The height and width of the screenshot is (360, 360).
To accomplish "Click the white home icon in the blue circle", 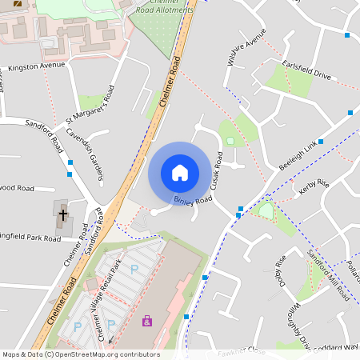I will click(x=180, y=172).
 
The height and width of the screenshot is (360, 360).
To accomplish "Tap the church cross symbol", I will click(x=62, y=214).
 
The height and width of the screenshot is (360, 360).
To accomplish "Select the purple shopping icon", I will click(x=146, y=321).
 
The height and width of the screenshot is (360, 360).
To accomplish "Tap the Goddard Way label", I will click(x=340, y=348).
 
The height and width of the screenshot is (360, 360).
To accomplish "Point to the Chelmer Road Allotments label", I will click(x=164, y=7).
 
